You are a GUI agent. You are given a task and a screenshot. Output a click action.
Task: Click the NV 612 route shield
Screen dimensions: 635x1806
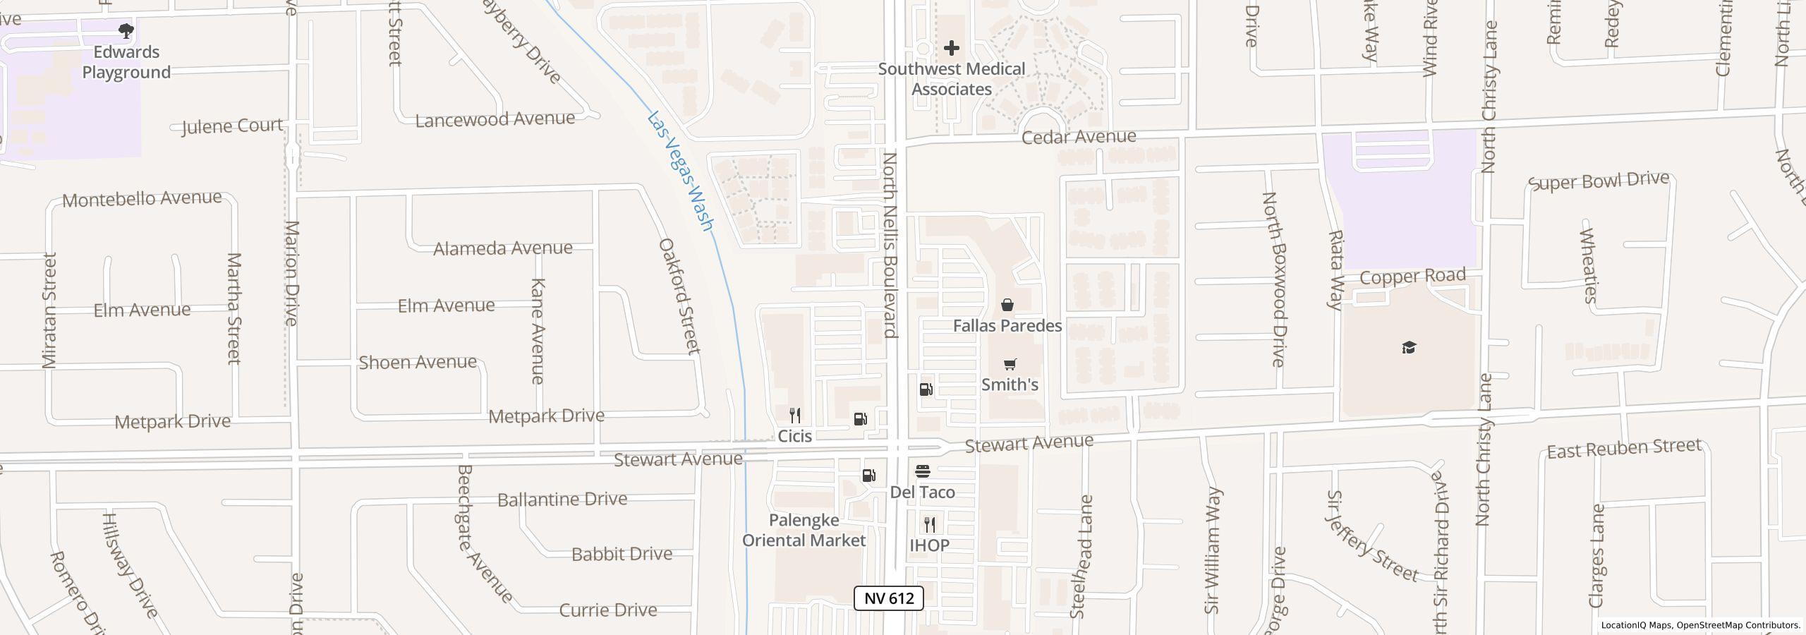pyautogui.click(x=888, y=598)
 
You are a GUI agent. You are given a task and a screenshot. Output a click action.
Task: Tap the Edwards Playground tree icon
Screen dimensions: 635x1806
pyautogui.click(x=126, y=31)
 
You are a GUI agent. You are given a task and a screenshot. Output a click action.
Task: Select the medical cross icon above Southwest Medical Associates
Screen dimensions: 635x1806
pyautogui.click(x=951, y=48)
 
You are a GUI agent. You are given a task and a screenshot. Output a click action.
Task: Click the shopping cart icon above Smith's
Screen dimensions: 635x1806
pyautogui.click(x=1010, y=365)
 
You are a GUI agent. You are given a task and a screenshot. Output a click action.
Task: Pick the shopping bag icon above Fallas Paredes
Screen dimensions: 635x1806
pyautogui.click(x=1007, y=305)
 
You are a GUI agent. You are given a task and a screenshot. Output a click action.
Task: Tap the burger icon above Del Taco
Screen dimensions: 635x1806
pyautogui.click(x=923, y=471)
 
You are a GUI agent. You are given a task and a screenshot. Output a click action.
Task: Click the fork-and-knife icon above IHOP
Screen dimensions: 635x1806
pyautogui.click(x=930, y=525)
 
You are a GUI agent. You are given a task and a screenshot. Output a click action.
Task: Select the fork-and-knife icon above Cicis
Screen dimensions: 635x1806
pyautogui.click(x=795, y=415)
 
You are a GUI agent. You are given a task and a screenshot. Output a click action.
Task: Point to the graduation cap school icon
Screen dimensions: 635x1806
pyautogui.click(x=1409, y=348)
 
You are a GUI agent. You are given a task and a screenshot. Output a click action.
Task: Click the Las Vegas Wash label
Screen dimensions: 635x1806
pyautogui.click(x=680, y=171)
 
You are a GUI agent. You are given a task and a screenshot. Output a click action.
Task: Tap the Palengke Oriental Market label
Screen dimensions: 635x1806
pyautogui.click(x=804, y=531)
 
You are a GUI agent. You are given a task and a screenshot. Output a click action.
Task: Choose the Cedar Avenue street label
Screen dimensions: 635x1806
pyautogui.click(x=1079, y=136)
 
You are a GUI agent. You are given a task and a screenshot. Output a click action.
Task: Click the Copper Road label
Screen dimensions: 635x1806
pyautogui.click(x=1412, y=277)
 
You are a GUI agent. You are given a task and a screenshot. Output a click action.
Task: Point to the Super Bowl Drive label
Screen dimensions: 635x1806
pyautogui.click(x=1599, y=181)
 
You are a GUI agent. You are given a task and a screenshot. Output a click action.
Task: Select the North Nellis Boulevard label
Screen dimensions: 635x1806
pyautogui.click(x=890, y=245)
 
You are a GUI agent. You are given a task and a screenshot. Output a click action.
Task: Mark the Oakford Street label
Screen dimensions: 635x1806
pyautogui.click(x=679, y=296)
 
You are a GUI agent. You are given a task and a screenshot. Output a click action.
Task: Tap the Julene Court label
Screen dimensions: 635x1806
pyautogui.click(x=232, y=126)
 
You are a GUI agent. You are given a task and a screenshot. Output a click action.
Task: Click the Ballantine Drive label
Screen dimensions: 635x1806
pyautogui.click(x=562, y=500)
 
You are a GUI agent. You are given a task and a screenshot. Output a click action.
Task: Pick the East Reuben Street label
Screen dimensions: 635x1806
pyautogui.click(x=1624, y=449)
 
